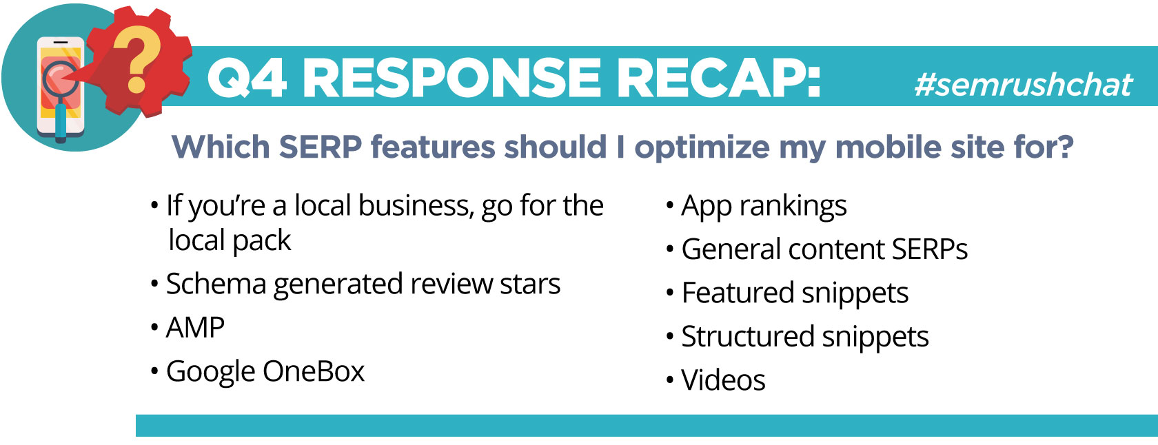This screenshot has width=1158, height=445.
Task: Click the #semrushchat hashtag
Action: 1023,85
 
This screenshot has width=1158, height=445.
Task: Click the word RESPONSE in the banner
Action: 451,78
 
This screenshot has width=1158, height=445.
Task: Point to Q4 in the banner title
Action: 247,78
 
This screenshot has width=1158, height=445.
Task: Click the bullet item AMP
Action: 195,327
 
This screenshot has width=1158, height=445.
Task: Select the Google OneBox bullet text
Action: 265,371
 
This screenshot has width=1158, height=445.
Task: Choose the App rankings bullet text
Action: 764,206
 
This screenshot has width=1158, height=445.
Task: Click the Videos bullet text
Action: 723,380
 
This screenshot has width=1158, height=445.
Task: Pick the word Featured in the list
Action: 738,293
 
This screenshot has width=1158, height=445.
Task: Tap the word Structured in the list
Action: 748,336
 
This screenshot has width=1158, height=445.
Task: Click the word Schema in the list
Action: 216,284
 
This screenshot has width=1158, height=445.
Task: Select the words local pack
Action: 230,241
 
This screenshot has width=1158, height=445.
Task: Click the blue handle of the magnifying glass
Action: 61,122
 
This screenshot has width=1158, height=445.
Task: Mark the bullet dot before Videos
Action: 670,380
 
